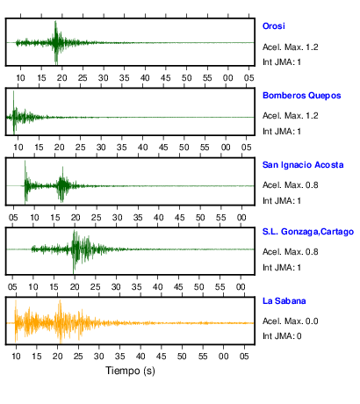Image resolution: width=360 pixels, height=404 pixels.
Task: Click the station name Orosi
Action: coord(274,26)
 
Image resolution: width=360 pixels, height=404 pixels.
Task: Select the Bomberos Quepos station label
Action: coord(302,96)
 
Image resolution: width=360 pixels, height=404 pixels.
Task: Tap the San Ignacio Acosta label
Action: coord(303,165)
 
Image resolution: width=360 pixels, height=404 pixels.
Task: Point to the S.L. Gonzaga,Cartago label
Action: coord(308,232)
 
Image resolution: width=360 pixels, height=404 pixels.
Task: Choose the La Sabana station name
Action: coord(284,301)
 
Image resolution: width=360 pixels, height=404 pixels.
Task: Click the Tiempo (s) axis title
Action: coord(130,371)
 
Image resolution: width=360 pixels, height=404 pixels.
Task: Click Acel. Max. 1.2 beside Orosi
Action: coord(291,47)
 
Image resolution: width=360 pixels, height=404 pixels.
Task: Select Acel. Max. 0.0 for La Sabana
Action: coord(291,321)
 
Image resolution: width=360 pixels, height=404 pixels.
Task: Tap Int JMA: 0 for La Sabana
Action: coord(282,336)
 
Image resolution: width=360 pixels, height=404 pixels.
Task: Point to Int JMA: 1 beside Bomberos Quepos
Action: coord(282,132)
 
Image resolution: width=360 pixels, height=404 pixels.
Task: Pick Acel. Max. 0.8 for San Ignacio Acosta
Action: coord(291,185)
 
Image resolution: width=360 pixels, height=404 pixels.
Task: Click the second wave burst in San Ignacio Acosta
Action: coord(62,185)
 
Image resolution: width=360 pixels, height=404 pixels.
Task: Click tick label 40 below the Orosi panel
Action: coord(145,78)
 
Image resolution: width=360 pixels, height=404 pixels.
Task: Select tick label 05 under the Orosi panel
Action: coord(249,78)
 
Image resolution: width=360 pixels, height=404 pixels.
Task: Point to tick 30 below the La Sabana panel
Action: coord(99,357)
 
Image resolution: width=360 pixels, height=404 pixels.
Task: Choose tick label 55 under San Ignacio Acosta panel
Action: coord(221,218)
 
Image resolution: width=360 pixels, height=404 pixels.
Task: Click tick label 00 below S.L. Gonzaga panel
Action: coord(241,287)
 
